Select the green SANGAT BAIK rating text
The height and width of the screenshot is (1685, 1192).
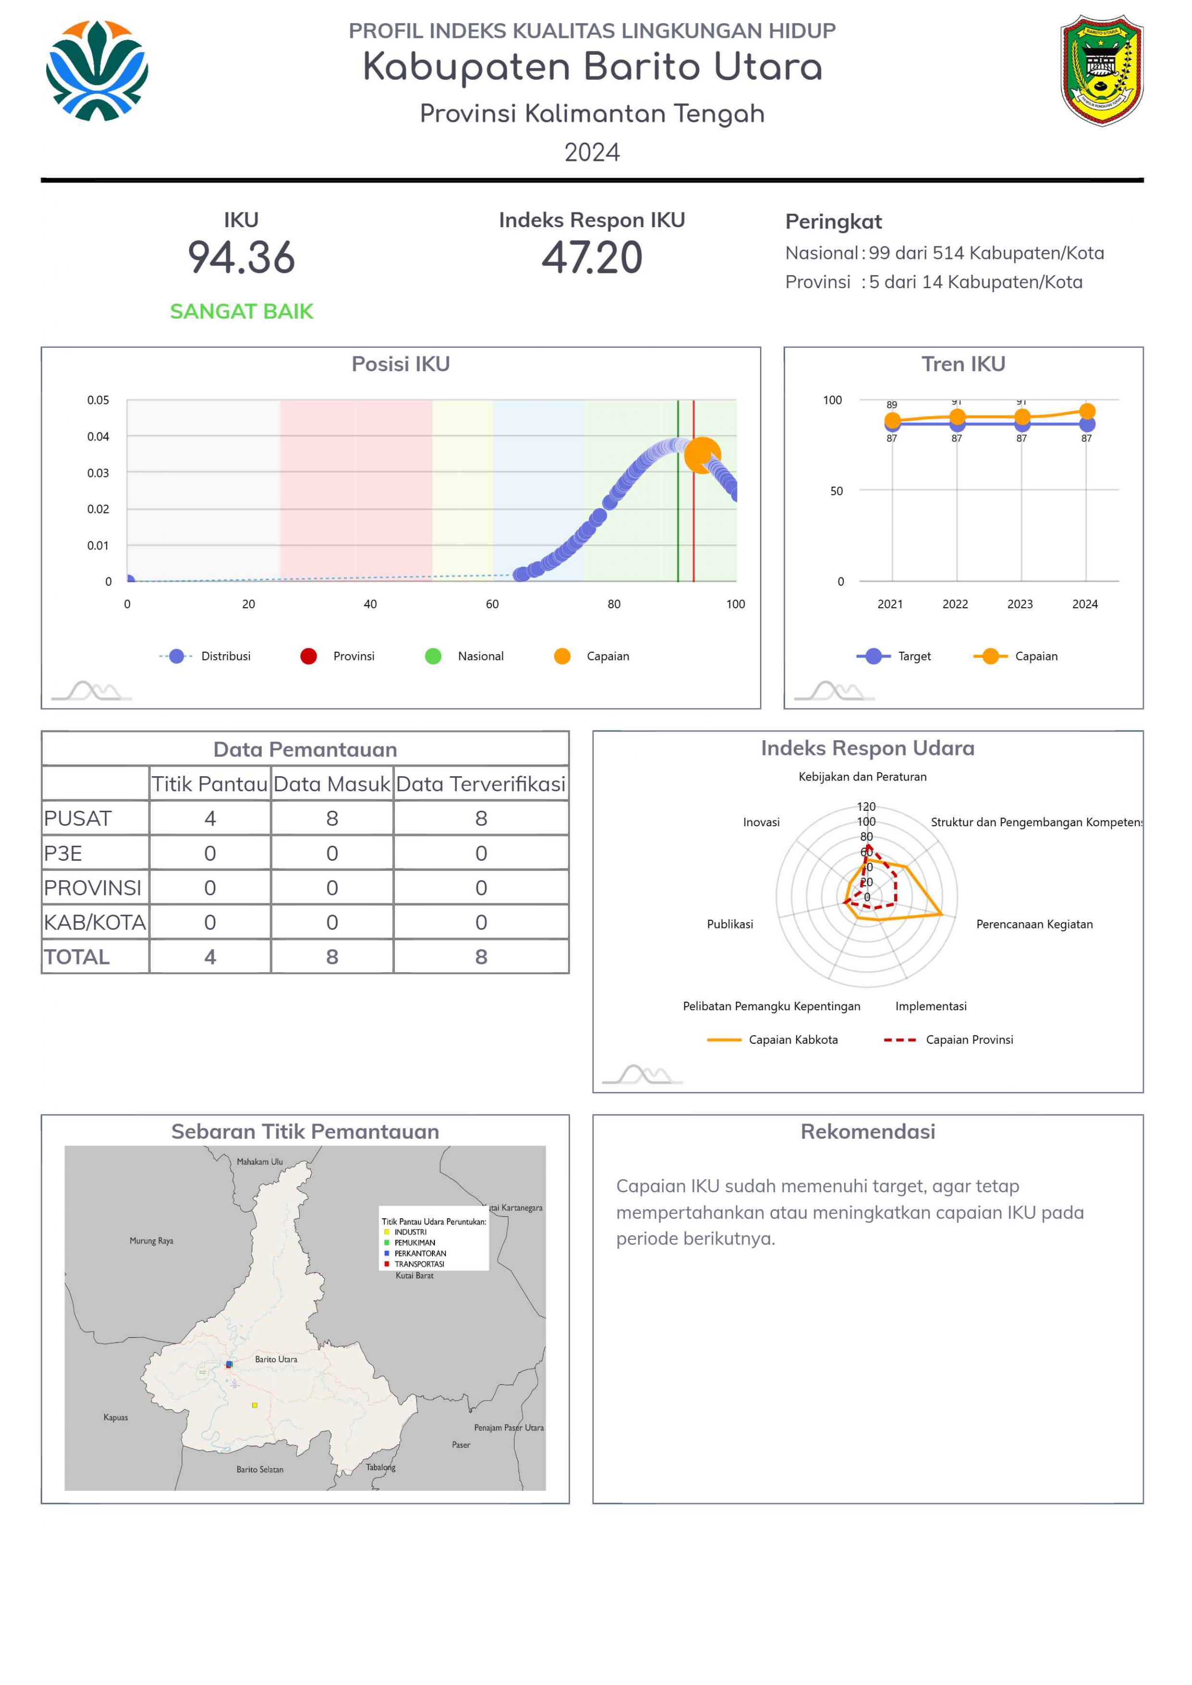click(x=242, y=311)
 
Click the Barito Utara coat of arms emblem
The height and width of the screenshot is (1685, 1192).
click(x=1101, y=71)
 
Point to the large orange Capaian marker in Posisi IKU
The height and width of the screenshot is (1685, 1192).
click(x=702, y=456)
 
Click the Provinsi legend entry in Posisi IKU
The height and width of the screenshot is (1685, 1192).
click(x=338, y=656)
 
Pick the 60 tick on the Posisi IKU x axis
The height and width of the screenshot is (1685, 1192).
click(x=492, y=604)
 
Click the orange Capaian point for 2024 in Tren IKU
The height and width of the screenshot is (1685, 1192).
click(x=1087, y=412)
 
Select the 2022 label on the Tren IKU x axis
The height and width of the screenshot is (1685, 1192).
click(x=955, y=604)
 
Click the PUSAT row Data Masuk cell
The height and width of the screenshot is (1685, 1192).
click(x=332, y=818)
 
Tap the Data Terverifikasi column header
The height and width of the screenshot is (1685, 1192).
click(x=481, y=784)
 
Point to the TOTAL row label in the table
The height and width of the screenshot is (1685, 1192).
click(x=77, y=957)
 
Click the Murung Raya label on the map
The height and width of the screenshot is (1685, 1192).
click(x=151, y=1241)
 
